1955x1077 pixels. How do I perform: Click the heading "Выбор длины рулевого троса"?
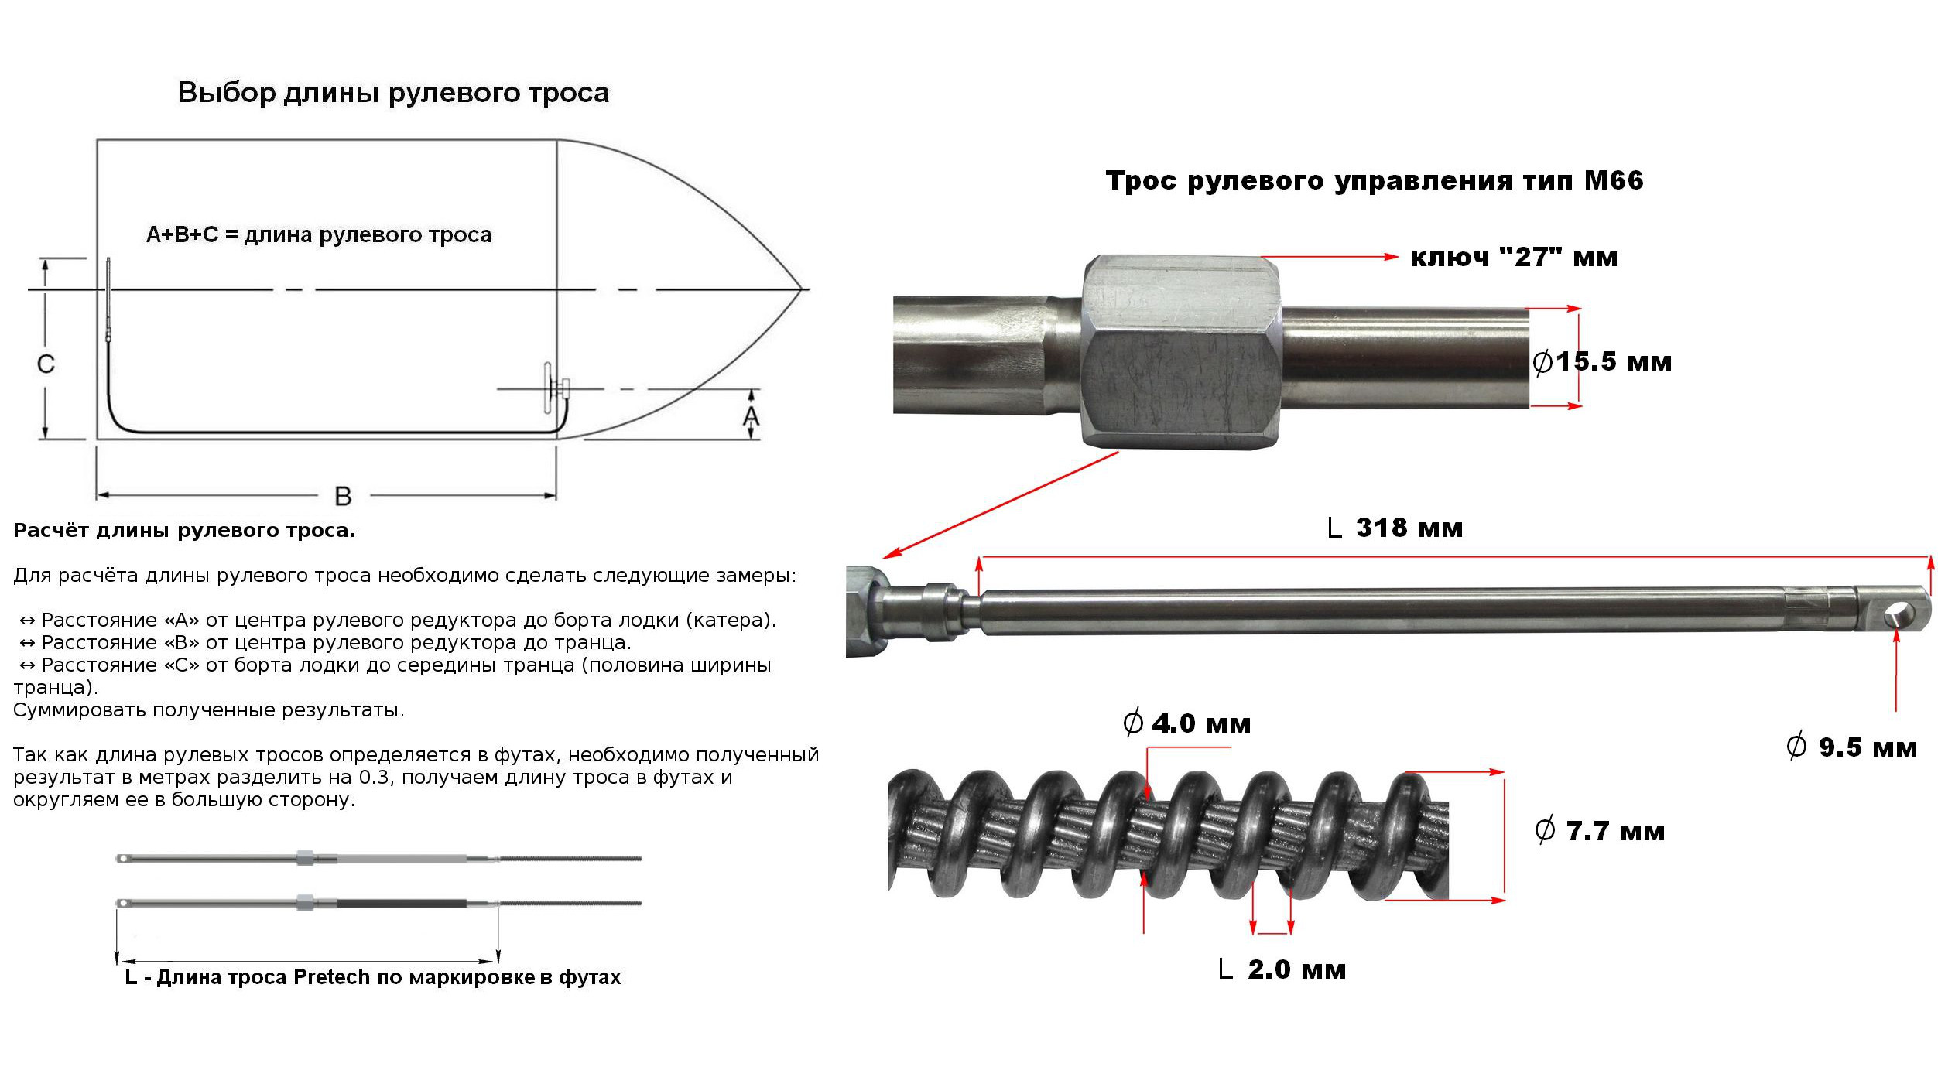393,93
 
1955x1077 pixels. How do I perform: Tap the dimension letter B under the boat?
343,496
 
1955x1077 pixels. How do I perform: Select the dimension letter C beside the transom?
46,364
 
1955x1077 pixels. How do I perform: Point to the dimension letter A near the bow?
751,417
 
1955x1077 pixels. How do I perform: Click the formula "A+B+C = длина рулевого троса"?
319,234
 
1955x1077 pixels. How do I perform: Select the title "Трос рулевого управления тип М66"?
1374,180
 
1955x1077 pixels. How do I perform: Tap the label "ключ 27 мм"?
1513,257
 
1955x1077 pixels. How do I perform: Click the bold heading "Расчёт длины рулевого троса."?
184,531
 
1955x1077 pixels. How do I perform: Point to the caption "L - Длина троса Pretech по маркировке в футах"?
372,977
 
